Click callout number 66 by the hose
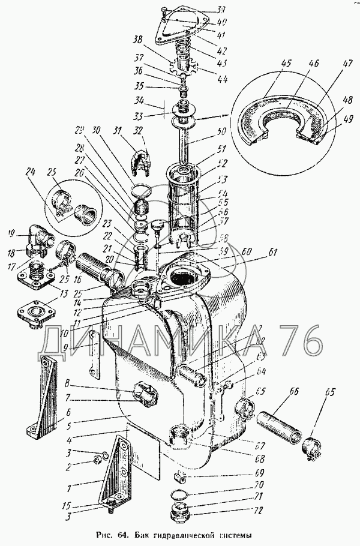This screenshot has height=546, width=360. point(294,391)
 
